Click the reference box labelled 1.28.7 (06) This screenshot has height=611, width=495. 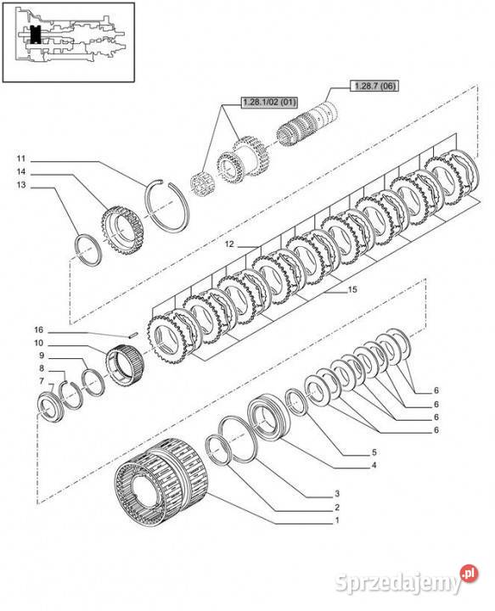[x=374, y=86]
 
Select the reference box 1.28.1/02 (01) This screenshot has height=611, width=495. [x=269, y=102]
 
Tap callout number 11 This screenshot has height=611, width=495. [x=21, y=158]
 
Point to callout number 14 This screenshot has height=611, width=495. [x=21, y=171]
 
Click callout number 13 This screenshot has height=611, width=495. [x=21, y=185]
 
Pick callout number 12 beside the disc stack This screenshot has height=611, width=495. [x=229, y=244]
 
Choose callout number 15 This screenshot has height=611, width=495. [x=352, y=289]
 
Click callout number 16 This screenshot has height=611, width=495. [x=38, y=330]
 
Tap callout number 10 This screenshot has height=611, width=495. [x=38, y=343]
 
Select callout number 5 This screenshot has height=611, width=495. [x=374, y=452]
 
